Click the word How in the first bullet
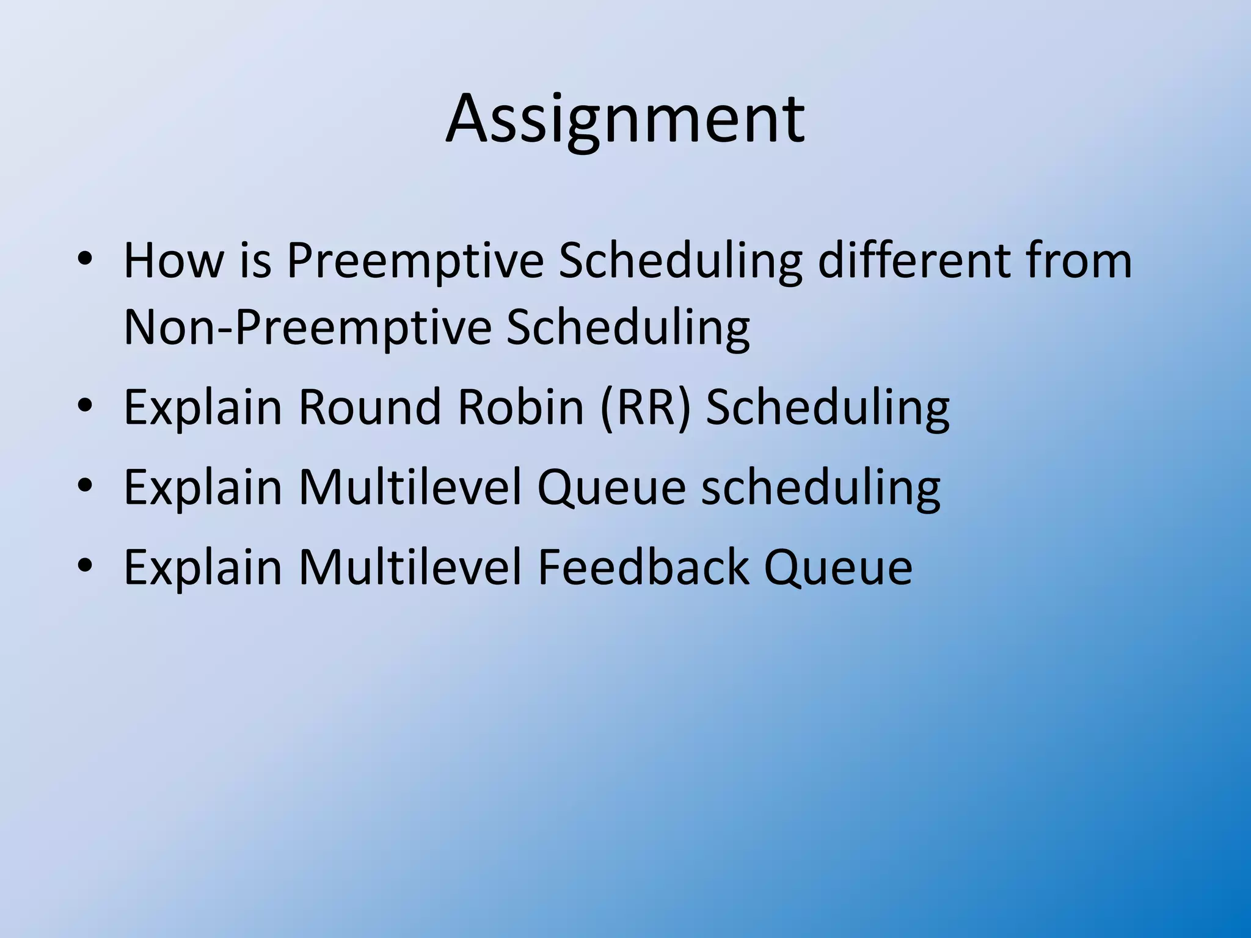tap(173, 261)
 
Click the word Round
tap(369, 407)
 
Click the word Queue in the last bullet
tap(838, 567)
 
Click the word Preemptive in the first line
tap(415, 261)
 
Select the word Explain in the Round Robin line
tap(203, 407)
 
